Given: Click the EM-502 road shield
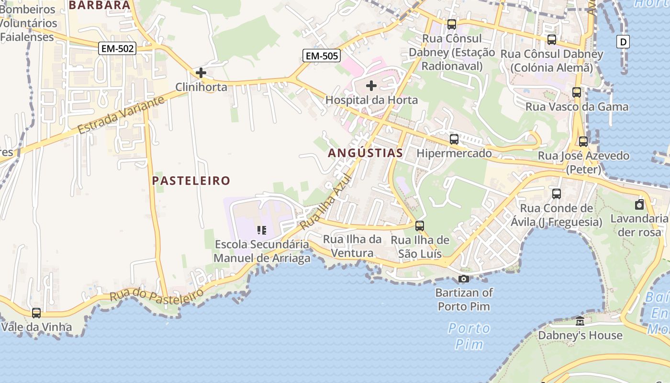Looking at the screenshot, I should (x=118, y=48).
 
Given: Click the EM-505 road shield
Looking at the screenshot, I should (x=322, y=56).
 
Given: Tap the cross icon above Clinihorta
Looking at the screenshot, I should (x=201, y=73).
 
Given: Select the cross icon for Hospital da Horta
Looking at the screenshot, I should (x=371, y=86).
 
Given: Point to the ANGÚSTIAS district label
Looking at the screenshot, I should (x=366, y=153).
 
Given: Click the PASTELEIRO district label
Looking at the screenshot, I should (x=191, y=180).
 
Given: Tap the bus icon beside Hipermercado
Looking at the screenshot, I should (x=454, y=140).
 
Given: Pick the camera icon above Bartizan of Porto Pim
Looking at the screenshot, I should (x=464, y=279).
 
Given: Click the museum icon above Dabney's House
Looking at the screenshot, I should (x=580, y=321).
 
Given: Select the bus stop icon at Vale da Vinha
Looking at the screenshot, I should (x=36, y=313).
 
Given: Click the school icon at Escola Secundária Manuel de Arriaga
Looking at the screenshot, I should (x=261, y=230).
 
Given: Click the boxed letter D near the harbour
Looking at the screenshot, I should (x=623, y=42).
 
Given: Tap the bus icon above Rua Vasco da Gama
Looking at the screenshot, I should (x=577, y=92).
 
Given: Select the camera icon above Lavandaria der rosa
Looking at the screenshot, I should (x=639, y=205).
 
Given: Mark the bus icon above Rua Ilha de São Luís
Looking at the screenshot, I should (x=420, y=225).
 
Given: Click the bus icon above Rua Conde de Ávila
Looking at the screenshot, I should (x=557, y=194).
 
